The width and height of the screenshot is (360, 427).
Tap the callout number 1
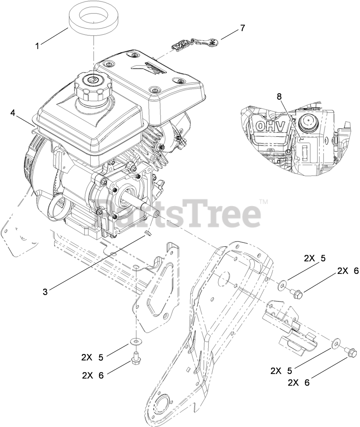point(38,46)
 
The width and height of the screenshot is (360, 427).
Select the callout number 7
point(242,28)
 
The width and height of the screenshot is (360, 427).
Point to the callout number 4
point(13,113)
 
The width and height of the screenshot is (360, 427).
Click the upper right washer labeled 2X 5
point(283,284)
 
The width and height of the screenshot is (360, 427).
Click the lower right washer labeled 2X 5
point(336,342)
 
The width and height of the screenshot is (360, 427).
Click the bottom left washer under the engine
point(137,342)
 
